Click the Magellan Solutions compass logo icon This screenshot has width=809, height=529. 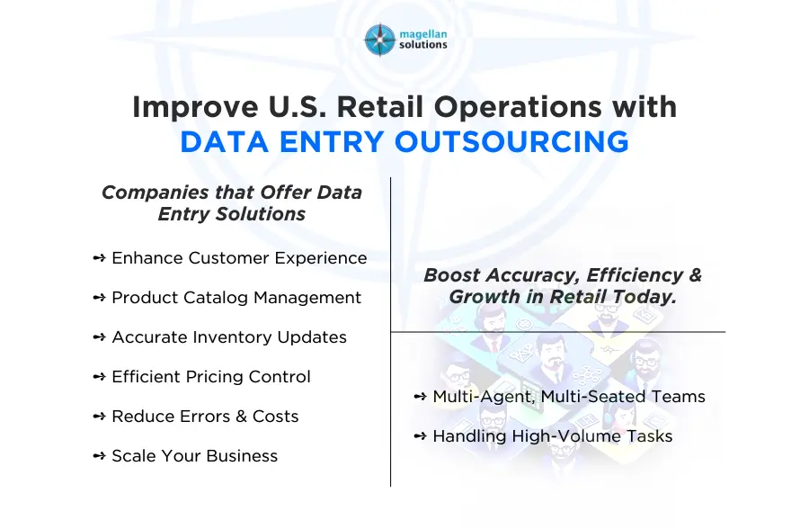[379, 40]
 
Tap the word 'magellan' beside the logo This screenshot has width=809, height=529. [423, 33]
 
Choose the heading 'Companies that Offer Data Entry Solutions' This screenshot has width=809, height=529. [232, 203]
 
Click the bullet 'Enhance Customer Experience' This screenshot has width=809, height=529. [239, 258]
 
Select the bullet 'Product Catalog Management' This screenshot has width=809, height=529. [236, 298]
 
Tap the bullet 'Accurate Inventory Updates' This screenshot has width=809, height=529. [229, 337]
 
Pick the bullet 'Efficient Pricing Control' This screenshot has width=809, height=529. [211, 377]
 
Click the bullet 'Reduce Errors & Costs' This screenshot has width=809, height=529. [205, 417]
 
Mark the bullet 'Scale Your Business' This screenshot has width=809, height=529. [195, 456]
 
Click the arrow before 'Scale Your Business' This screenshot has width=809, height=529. [100, 456]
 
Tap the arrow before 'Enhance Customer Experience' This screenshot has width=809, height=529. [100, 258]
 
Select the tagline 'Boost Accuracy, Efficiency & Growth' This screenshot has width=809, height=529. [563, 286]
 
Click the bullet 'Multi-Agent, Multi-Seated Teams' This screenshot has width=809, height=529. [568, 397]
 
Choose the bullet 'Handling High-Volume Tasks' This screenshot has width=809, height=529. [552, 436]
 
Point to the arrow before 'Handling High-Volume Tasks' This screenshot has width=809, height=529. [421, 436]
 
